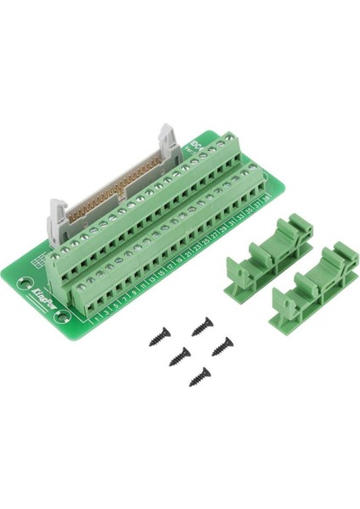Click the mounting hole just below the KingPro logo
(61, 318)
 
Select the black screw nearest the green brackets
(223, 344)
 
